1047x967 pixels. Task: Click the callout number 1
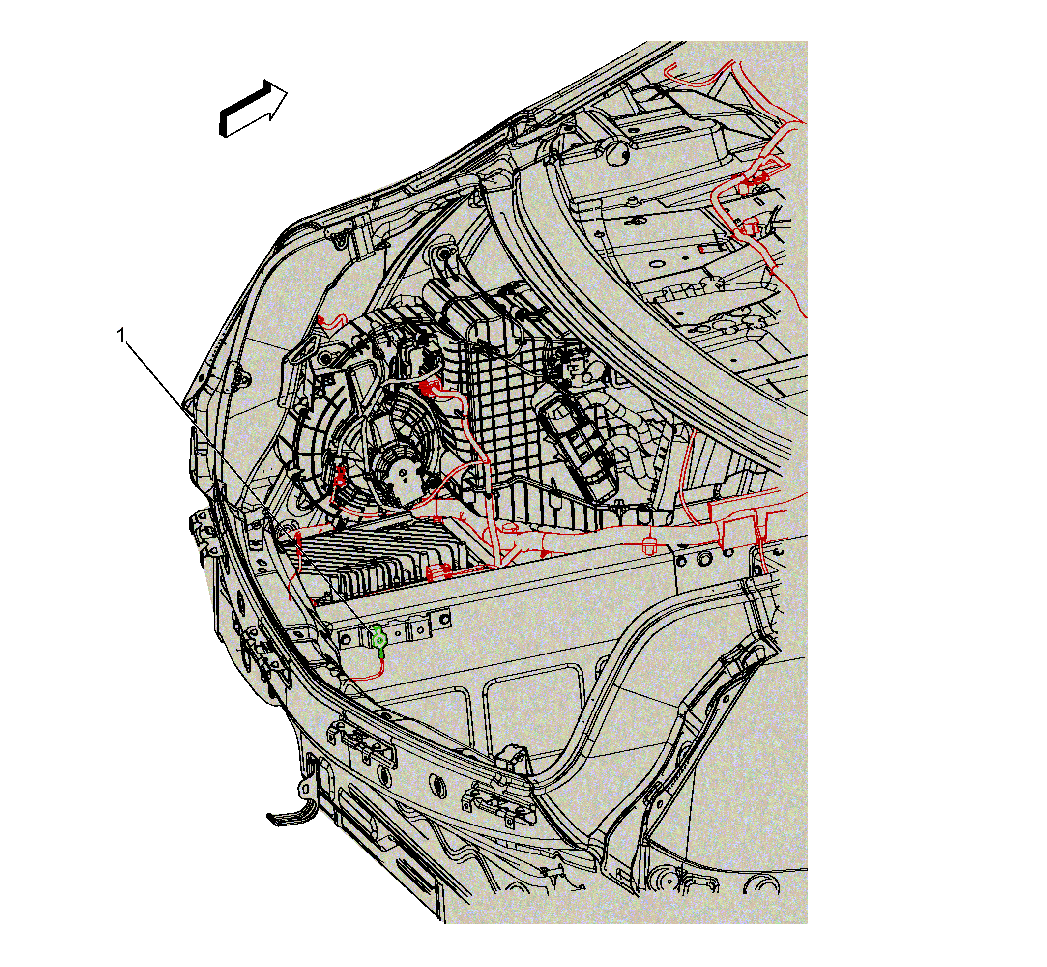[121, 336]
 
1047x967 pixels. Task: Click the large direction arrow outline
[252, 108]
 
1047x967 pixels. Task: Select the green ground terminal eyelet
[379, 640]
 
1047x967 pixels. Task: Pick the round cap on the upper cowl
[617, 152]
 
